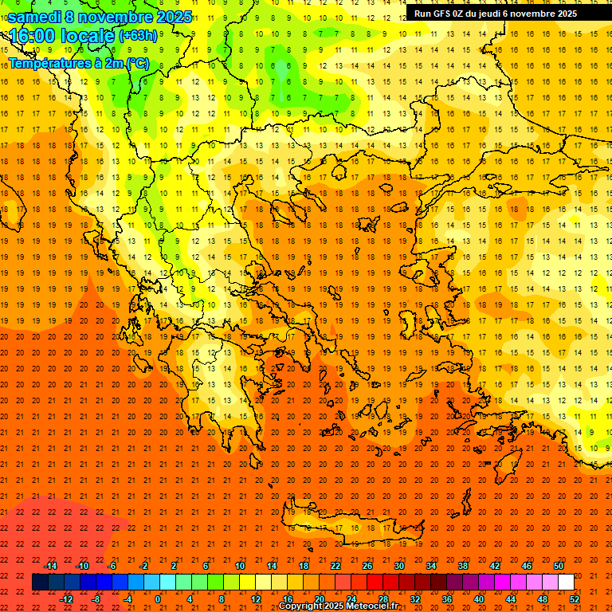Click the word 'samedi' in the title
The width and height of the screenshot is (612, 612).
34,17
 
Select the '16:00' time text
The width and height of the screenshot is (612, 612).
32,36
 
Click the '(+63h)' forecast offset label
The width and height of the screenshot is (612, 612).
138,36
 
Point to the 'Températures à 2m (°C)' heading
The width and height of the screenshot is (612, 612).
78,62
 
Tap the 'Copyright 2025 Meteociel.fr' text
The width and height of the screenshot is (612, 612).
339,606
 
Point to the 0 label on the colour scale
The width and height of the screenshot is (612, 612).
158,599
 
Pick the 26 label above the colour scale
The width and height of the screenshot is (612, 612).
367,566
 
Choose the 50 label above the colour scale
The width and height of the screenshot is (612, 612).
558,566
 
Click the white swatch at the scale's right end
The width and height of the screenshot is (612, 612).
566,583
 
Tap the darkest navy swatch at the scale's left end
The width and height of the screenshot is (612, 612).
40,583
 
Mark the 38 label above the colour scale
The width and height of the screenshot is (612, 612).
463,566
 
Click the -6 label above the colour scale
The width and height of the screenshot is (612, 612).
112,566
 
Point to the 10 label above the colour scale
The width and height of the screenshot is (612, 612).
240,566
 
